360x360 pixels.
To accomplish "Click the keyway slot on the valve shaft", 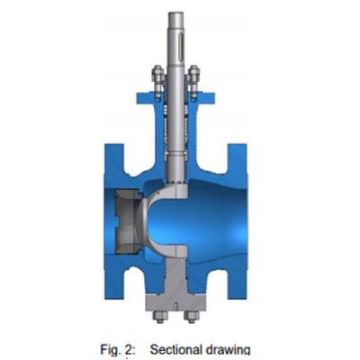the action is pyautogui.click(x=180, y=43).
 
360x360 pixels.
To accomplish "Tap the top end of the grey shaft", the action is pyautogui.click(x=175, y=13).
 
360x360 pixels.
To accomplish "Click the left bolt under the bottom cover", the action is pyautogui.click(x=160, y=317).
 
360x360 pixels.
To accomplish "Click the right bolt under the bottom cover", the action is pyautogui.click(x=192, y=317).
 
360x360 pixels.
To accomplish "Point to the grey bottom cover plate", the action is pyautogui.click(x=175, y=302).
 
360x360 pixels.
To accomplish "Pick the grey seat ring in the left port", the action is pyautogui.click(x=126, y=221).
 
